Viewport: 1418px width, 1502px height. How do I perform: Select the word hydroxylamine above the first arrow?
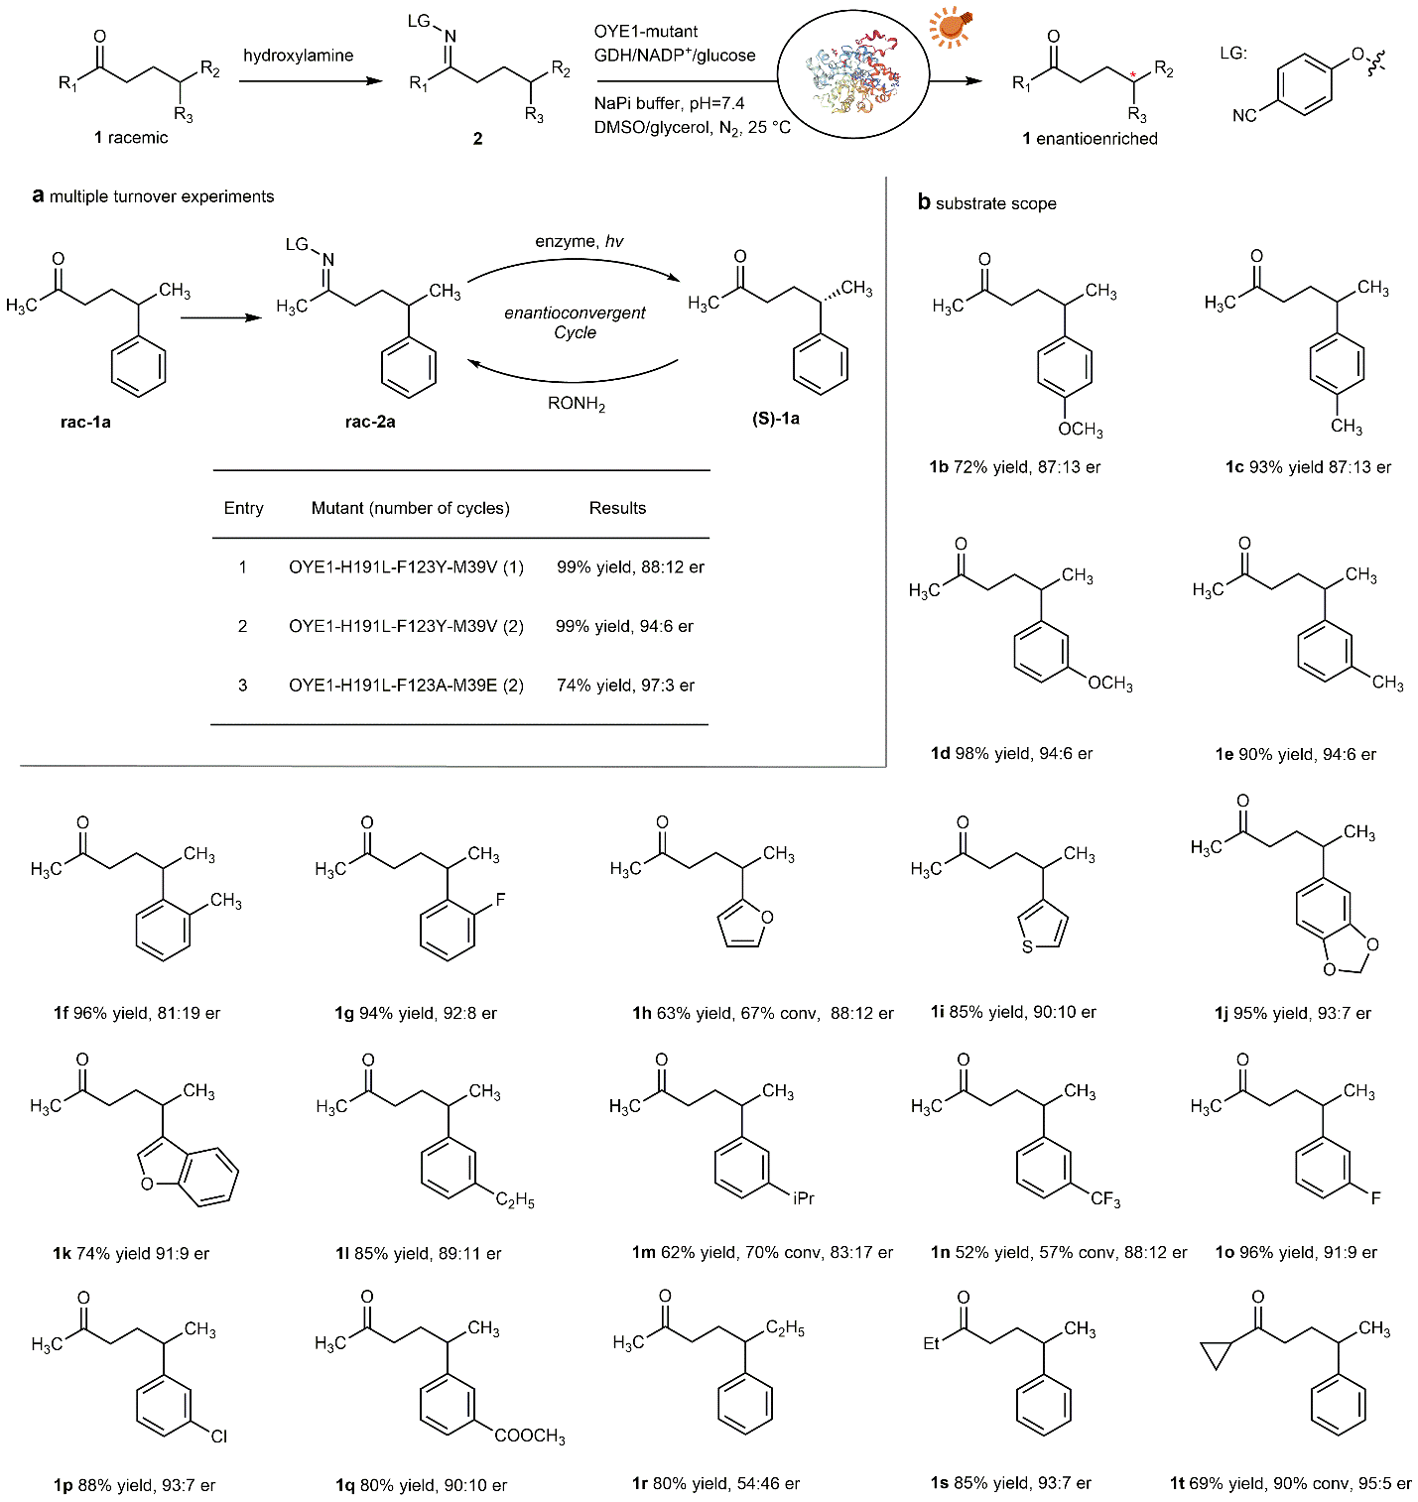[298, 56]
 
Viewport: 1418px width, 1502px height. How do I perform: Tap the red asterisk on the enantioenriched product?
[1132, 74]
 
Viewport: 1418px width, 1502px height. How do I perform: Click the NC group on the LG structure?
[1244, 115]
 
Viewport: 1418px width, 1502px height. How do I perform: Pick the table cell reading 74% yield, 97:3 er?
[625, 685]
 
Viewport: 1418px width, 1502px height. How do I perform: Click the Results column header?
[617, 508]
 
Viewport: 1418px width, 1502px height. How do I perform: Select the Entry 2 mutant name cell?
[406, 626]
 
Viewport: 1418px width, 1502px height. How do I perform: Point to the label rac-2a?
[370, 422]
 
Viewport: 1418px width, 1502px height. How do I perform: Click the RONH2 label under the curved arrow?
[577, 404]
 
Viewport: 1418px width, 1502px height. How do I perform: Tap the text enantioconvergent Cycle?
[575, 322]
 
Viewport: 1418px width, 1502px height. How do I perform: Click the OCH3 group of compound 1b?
[1081, 430]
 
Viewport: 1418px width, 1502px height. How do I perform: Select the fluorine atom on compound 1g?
[500, 899]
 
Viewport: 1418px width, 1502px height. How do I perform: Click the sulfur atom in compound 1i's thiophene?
[1027, 946]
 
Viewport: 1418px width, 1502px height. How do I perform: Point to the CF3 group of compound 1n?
[1105, 1198]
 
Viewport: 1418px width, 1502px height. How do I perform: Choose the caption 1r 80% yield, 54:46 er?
[715, 1484]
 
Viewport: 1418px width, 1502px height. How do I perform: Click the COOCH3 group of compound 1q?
[530, 1436]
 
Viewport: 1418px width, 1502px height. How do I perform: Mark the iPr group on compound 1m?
[804, 1198]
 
